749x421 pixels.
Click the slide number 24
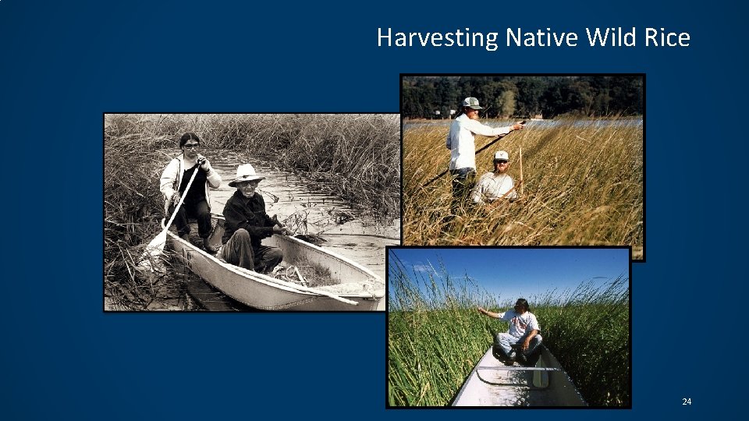[x=687, y=402]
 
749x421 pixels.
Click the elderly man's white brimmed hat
[x=246, y=173]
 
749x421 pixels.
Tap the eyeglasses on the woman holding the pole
[x=191, y=146]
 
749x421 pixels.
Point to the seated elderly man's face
[x=248, y=185]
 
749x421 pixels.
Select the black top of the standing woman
[x=193, y=184]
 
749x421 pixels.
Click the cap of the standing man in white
[x=471, y=102]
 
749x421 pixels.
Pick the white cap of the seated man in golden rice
[x=501, y=156]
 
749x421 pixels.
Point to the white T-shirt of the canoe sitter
[x=522, y=324]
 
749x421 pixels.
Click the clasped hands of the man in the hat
[x=277, y=229]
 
